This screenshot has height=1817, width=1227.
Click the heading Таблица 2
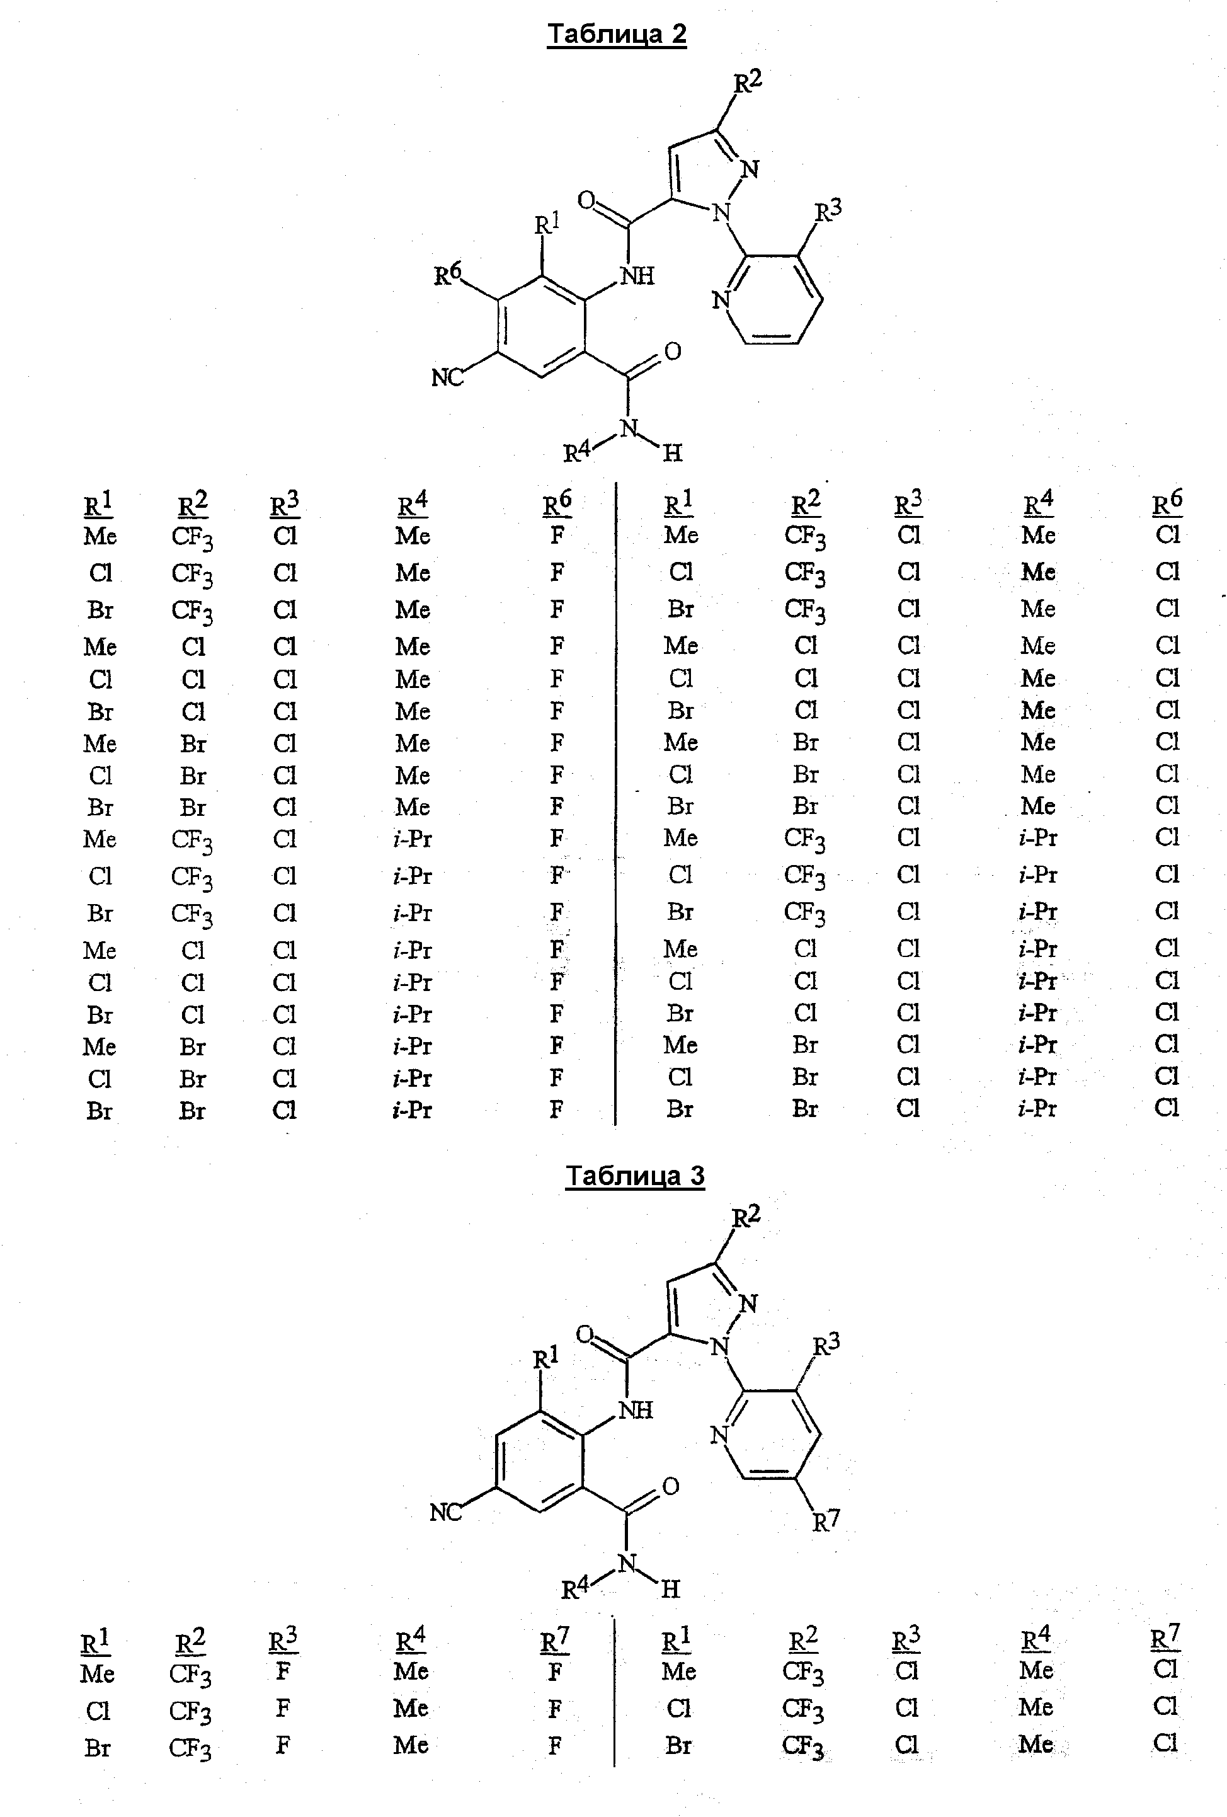point(616,35)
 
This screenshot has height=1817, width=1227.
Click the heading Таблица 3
point(635,1177)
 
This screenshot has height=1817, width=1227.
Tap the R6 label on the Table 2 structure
point(448,273)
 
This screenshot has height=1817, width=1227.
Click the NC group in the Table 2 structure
point(447,377)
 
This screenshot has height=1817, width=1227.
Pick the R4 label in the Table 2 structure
point(578,450)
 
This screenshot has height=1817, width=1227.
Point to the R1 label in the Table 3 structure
point(546,1359)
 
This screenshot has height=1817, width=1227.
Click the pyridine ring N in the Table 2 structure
point(721,301)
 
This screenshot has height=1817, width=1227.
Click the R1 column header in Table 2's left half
point(98,504)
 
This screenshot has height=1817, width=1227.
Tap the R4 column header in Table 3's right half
point(1036,1639)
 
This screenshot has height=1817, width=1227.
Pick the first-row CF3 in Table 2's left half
point(192,539)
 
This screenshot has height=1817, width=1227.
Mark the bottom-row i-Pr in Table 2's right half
point(1037,1108)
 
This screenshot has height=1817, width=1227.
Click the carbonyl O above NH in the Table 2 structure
point(587,201)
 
